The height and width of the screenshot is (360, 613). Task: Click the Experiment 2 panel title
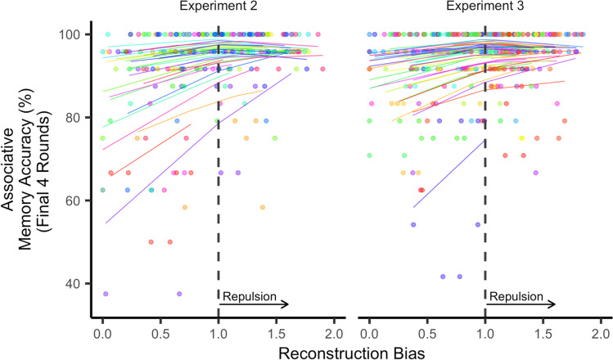coord(217,7)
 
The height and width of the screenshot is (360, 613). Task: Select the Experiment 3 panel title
coord(485,7)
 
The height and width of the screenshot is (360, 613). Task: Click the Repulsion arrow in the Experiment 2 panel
coord(254,305)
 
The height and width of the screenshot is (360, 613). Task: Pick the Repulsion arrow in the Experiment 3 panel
coord(521,305)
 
